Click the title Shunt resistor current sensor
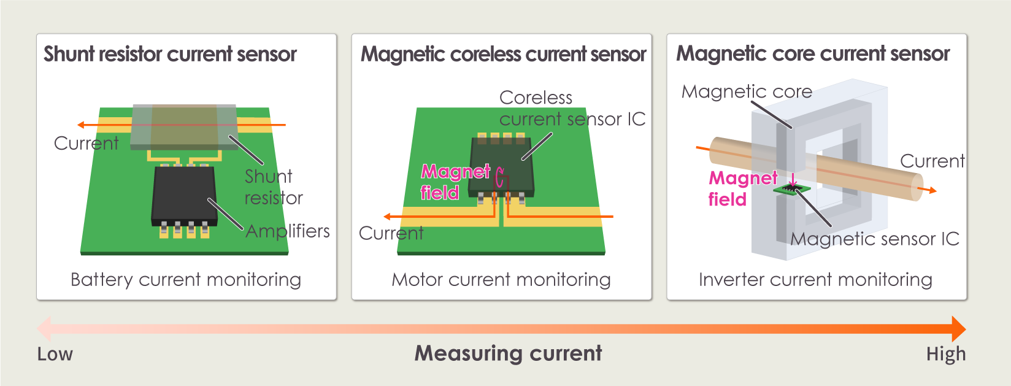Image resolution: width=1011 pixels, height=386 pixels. pos(170,55)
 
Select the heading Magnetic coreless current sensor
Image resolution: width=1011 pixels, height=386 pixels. pos(503,55)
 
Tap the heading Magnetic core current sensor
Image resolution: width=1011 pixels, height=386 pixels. pos(812,54)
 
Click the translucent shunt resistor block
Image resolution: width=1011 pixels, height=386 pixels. pos(184,126)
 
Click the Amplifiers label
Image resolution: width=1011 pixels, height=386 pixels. pos(288,231)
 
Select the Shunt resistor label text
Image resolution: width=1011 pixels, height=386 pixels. pos(273,187)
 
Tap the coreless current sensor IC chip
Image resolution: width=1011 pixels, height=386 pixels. pos(501,166)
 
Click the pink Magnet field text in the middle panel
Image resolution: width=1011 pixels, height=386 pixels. pos(455,182)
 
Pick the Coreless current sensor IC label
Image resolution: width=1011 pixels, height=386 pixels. pos(571,109)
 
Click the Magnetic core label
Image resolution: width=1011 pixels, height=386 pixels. pos(747,92)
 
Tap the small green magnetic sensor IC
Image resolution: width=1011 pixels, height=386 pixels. pos(791,190)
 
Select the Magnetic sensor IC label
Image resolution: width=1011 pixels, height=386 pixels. pos(874,239)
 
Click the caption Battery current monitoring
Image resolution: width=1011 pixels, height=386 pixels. pos(186,280)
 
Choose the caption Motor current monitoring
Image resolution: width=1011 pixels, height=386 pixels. pos(501,280)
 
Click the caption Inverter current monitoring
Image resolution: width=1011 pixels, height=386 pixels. pos(815,280)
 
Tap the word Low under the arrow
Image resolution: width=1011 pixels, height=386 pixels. pos(55,354)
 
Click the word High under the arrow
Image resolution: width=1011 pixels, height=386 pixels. pos(945,354)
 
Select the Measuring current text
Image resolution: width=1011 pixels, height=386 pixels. pos(508,353)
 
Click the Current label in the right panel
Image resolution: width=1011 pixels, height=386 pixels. pos(932,161)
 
